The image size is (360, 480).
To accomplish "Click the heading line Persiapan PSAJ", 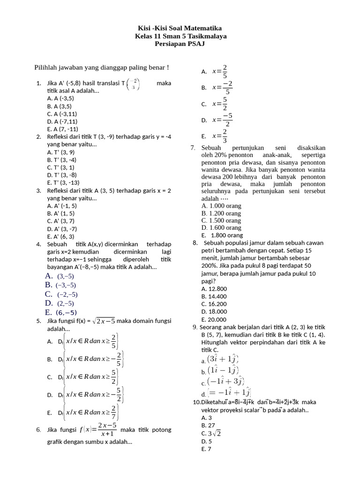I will click(180, 44).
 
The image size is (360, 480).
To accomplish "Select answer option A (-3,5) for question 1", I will click(60, 98).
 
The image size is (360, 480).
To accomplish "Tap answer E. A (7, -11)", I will click(63, 129).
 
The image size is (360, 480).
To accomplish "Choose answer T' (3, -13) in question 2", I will click(63, 182).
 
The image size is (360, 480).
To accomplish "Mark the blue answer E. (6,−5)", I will click(61, 313).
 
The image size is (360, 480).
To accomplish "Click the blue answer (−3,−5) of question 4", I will click(60, 285).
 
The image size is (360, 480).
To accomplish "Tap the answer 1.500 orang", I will click(221, 220).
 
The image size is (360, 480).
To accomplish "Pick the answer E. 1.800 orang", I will click(222, 235).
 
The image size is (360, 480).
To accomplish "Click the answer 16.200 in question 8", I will click(214, 304).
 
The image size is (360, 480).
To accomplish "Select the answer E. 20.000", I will click(214, 319).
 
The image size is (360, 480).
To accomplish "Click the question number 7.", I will click(193, 148).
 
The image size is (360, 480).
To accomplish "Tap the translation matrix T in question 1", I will click(132, 83).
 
